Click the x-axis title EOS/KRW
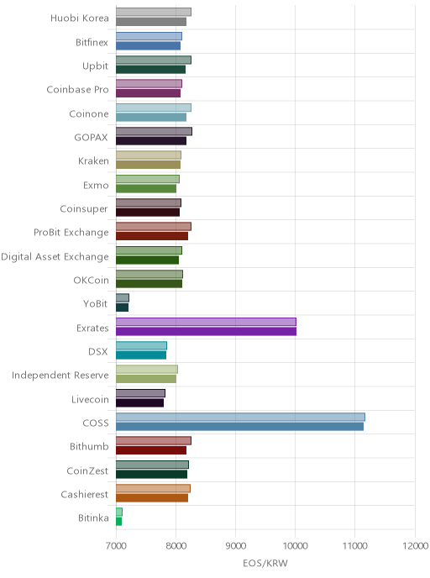[x=265, y=563]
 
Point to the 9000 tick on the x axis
[x=235, y=545]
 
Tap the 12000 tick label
[x=415, y=545]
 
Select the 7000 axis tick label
[x=116, y=545]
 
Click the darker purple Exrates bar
[x=206, y=331]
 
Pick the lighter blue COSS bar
[x=240, y=417]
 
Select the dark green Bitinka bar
[x=118, y=522]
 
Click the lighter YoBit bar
[x=123, y=297]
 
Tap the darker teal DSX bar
[x=141, y=355]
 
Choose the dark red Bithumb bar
[x=151, y=450]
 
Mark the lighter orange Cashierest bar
[x=153, y=488]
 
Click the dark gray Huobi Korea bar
[x=151, y=22]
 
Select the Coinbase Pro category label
[x=77, y=90]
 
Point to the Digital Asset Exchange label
[x=55, y=256]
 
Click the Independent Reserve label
[x=60, y=376]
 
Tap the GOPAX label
[x=91, y=138]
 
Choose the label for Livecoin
[x=90, y=400]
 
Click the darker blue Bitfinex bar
[x=148, y=45]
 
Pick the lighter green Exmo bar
[x=148, y=179]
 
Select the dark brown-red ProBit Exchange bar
[x=152, y=236]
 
